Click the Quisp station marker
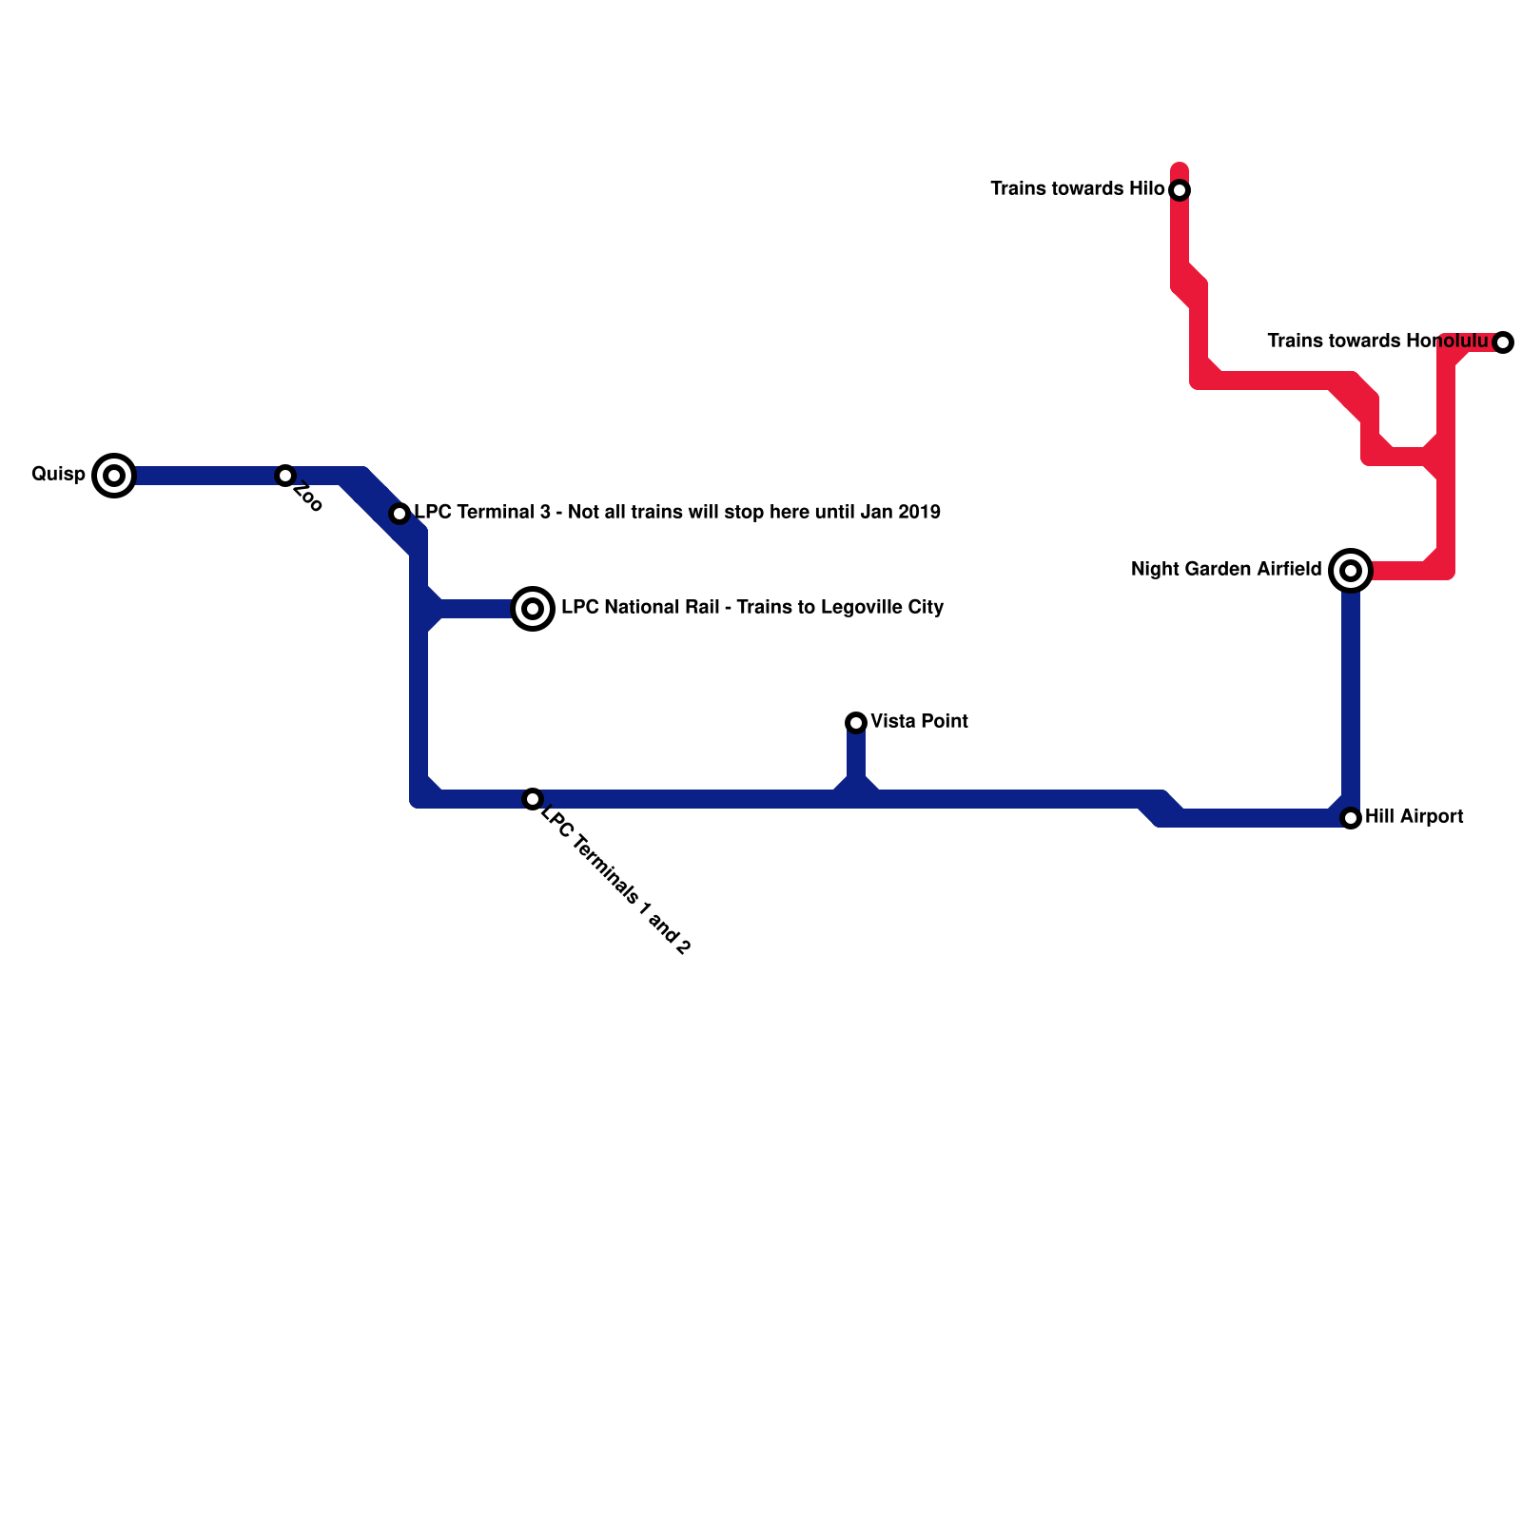click(x=114, y=475)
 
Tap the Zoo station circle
click(x=285, y=475)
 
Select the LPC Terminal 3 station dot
click(x=400, y=514)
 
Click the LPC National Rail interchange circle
click(x=533, y=608)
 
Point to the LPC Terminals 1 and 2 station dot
click(x=533, y=799)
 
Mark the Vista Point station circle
click(x=856, y=723)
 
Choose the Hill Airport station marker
click(x=1351, y=818)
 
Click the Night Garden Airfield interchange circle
click(x=1351, y=571)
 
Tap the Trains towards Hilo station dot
click(x=1180, y=190)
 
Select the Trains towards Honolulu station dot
click(x=1503, y=342)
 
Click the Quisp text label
click(x=58, y=474)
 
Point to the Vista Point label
click(x=919, y=721)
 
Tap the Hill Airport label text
click(x=1414, y=816)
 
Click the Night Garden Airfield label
click(x=1225, y=569)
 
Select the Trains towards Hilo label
click(x=1077, y=188)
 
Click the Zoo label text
click(x=309, y=498)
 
